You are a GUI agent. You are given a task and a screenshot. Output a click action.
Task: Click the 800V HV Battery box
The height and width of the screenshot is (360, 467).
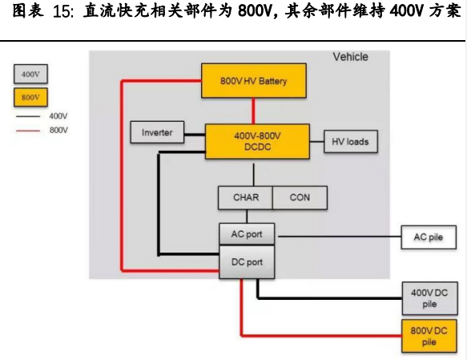click(254, 80)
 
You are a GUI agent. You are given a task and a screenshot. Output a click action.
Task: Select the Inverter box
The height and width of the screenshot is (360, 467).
click(157, 132)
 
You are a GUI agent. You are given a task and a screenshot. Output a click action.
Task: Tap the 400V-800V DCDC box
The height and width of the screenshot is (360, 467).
click(257, 141)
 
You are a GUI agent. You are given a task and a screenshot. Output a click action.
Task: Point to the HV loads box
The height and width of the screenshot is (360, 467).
click(351, 142)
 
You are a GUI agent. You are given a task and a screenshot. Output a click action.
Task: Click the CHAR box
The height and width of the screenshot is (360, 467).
click(245, 197)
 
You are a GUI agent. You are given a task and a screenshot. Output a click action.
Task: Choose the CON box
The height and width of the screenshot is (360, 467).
click(300, 197)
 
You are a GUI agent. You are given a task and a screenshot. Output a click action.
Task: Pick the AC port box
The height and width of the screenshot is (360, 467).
click(247, 234)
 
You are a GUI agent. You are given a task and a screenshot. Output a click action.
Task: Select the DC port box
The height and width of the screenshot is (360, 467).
click(247, 262)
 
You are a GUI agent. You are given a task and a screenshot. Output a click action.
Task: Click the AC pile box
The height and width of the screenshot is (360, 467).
click(429, 237)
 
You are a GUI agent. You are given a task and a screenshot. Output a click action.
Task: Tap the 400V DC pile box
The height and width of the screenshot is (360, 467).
click(430, 298)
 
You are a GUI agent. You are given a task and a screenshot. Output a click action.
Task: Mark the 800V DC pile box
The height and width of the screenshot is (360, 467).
click(429, 336)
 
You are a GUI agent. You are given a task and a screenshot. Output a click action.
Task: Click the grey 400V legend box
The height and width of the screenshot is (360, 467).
click(30, 74)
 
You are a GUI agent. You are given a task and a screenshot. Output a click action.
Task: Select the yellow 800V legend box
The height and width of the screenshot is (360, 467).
click(30, 97)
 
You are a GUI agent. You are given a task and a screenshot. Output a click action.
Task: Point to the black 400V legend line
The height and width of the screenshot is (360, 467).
click(28, 116)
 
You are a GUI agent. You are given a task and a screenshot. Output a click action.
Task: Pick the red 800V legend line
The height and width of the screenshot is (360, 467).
click(28, 131)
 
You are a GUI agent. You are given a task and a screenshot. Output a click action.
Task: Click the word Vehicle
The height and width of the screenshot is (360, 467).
click(350, 57)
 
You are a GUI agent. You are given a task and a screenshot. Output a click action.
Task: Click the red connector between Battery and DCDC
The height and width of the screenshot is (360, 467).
click(253, 111)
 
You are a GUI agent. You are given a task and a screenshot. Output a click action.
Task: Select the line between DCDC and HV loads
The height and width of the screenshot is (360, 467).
click(317, 142)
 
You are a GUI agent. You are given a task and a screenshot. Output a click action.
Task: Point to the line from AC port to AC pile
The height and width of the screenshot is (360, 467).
click(340, 237)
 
